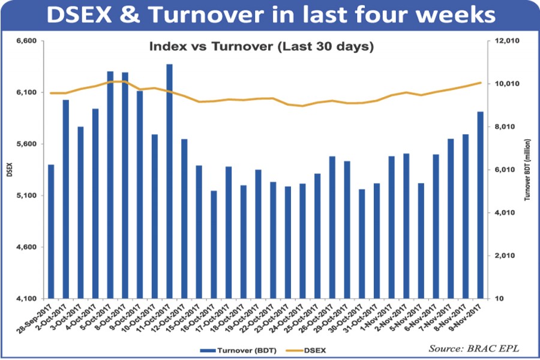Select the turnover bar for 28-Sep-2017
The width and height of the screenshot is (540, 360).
coord(51,231)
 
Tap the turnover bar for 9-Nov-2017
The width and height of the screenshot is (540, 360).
coord(481,205)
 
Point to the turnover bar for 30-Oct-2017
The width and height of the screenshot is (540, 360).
coord(362,244)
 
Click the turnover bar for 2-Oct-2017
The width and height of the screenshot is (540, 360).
coord(66,199)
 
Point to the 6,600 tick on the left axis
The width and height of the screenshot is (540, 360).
coord(27,41)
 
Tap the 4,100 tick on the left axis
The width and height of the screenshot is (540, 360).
coord(27,298)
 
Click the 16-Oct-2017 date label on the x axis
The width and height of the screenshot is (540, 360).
coord(204,321)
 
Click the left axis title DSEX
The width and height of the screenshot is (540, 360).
coord(8,170)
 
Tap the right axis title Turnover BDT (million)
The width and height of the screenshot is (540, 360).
coord(527,170)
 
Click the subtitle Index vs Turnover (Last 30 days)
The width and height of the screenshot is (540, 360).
coord(261,46)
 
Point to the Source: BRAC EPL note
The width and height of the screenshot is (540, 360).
coord(466,349)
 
